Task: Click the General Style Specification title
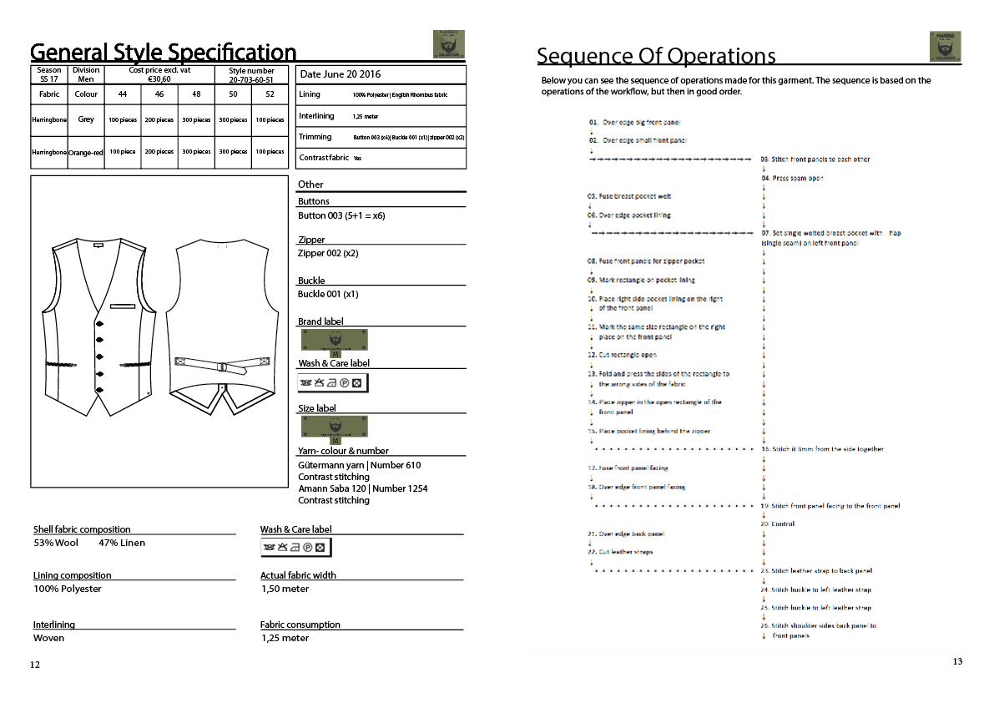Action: pos(164,53)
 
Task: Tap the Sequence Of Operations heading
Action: pos(656,56)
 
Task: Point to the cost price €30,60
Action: pos(159,79)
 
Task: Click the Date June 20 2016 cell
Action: pos(341,74)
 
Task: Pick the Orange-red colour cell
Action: pos(86,152)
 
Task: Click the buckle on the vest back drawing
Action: pos(223,367)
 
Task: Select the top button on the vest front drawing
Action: pos(99,323)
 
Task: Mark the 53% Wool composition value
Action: pos(57,543)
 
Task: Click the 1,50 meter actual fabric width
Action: pos(285,589)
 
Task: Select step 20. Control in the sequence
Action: pos(778,524)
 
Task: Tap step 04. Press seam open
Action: pos(792,179)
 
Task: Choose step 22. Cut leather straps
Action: pos(620,552)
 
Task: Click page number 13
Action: pos(957,661)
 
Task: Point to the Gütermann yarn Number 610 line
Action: pos(360,465)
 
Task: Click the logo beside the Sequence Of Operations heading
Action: pos(945,46)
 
